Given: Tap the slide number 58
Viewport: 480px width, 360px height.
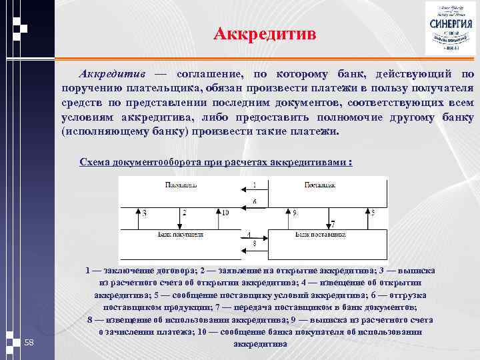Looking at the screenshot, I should pos(29,342).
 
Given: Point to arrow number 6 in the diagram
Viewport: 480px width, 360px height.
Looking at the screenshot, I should pos(254,206).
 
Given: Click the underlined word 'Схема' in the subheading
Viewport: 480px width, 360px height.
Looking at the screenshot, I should pos(95,161).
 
